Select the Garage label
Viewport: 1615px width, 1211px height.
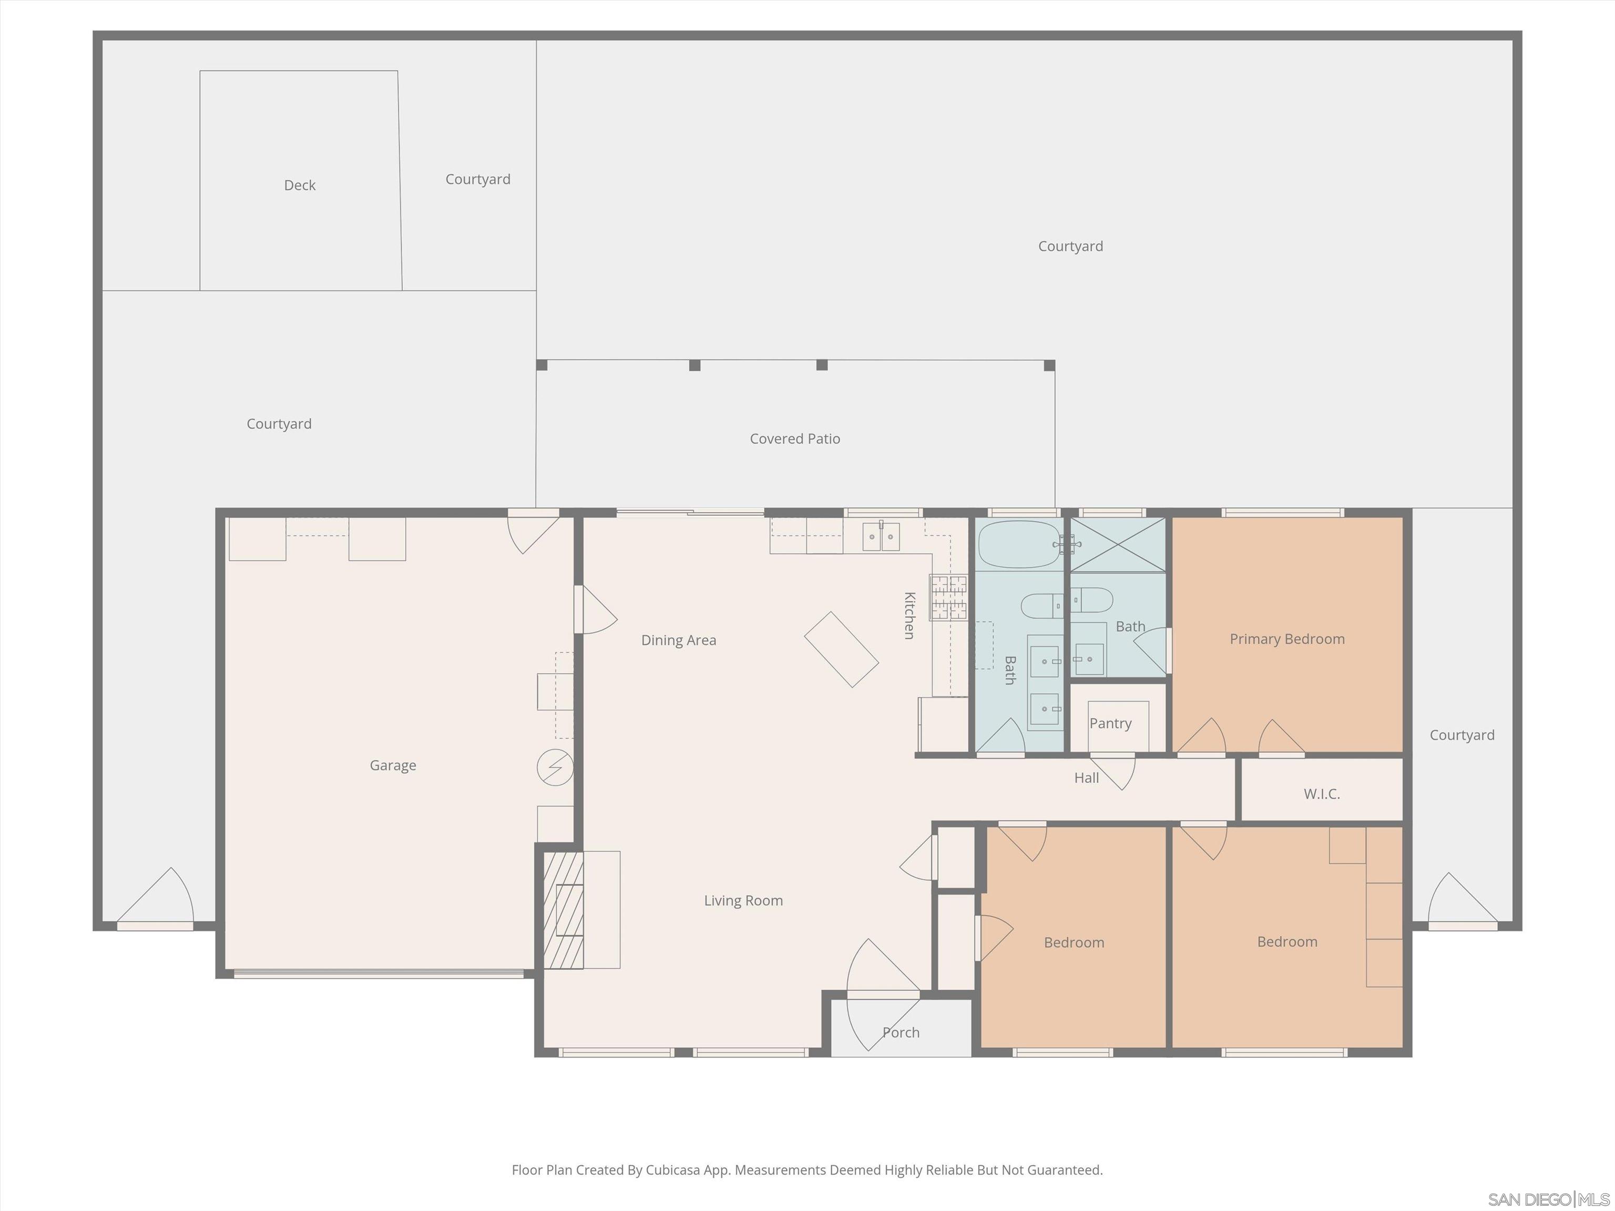393,765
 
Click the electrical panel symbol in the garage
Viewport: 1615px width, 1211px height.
555,767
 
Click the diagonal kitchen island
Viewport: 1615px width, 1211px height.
841,649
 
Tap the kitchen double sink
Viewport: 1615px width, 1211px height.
881,537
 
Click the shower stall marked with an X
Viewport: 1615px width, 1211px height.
1117,545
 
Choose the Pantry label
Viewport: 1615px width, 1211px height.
1110,723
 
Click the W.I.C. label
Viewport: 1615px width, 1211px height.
1322,794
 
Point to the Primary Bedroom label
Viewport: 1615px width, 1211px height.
1286,639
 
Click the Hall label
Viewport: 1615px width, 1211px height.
1086,778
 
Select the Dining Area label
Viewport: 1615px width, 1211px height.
678,640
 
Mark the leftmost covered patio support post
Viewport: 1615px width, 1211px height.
541,365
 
